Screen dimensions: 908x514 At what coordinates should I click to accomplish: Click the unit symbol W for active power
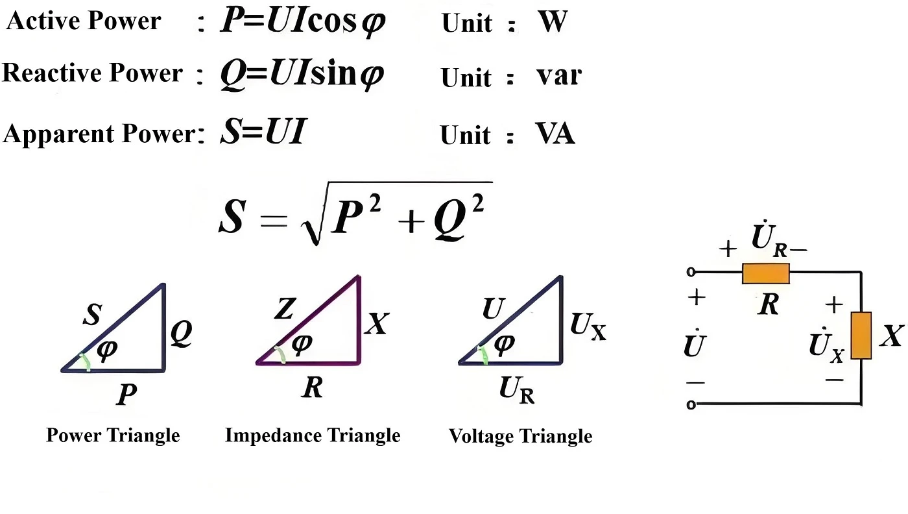(x=553, y=21)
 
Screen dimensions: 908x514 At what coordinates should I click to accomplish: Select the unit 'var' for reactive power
(x=559, y=75)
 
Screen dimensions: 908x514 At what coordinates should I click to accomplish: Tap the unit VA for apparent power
(x=555, y=133)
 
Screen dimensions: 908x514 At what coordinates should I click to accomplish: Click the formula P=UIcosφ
(x=303, y=21)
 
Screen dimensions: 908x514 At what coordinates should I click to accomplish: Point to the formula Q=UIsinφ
(x=302, y=74)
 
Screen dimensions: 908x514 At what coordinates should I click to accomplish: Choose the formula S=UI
(x=263, y=131)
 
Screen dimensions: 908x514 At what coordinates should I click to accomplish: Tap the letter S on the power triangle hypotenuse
(x=92, y=314)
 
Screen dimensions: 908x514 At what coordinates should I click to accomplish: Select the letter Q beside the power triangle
(x=181, y=333)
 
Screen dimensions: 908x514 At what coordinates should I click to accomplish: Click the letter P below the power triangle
(x=126, y=395)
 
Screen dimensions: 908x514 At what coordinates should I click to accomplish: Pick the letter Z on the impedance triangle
(x=285, y=308)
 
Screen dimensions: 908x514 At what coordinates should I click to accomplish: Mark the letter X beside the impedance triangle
(x=377, y=323)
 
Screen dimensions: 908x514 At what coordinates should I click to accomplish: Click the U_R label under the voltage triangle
(x=517, y=390)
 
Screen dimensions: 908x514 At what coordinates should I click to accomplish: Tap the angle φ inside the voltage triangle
(x=505, y=345)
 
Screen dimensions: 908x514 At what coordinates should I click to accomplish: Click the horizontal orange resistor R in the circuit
(x=766, y=273)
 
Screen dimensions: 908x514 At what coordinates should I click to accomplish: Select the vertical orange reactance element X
(x=861, y=336)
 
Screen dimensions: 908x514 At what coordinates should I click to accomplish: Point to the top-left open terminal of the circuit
(x=691, y=272)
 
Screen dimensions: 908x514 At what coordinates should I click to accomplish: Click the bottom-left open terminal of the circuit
(x=691, y=404)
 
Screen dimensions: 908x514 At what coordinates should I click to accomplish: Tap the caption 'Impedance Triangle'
(x=313, y=435)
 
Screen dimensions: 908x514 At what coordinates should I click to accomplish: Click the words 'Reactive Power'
(x=92, y=73)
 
